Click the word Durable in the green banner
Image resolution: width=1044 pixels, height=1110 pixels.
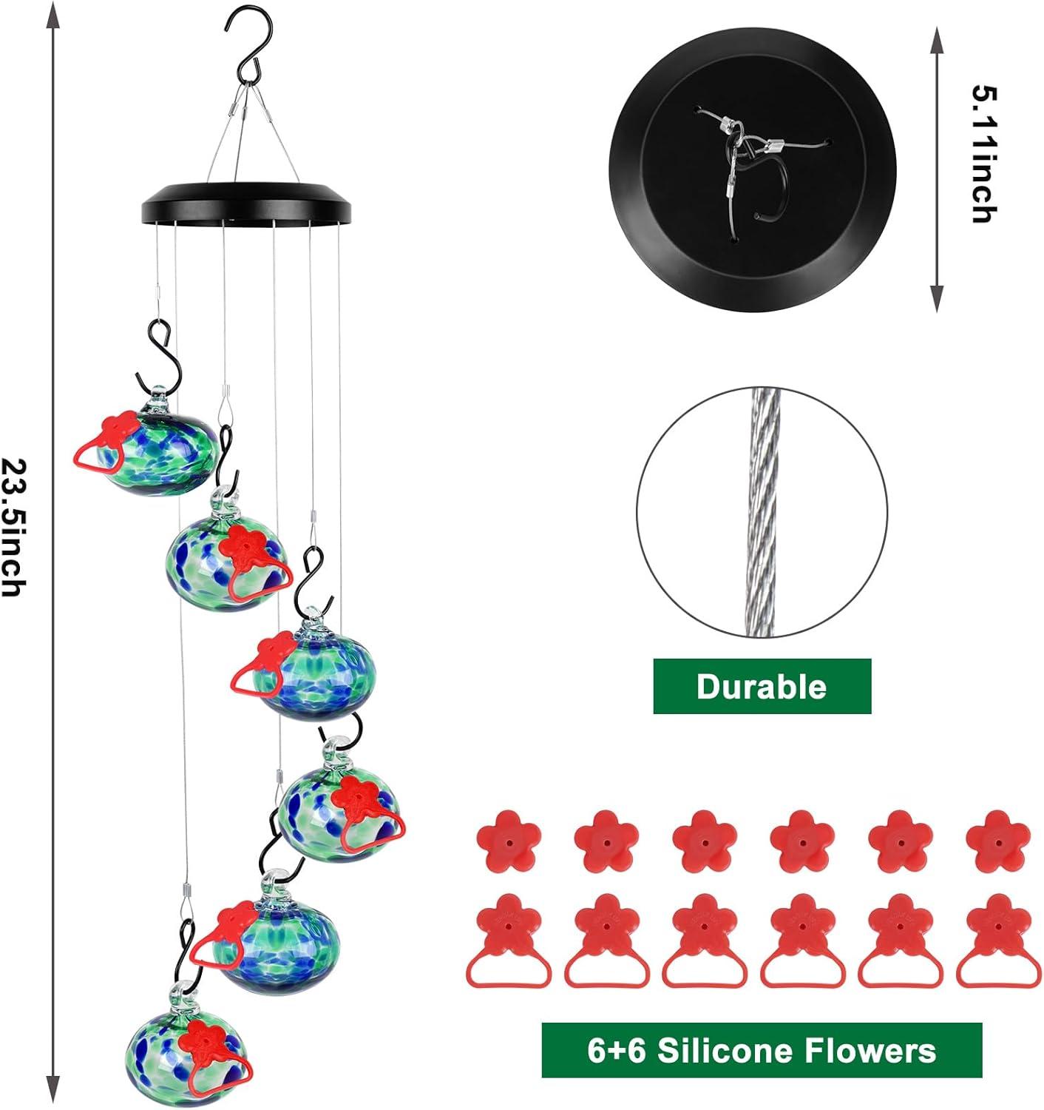point(762,687)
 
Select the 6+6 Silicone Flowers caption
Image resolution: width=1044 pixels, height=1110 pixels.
point(762,1050)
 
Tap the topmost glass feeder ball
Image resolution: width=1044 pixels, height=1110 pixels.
point(159,451)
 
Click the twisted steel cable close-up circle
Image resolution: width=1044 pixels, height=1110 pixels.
point(762,512)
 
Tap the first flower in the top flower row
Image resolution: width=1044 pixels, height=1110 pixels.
point(509,841)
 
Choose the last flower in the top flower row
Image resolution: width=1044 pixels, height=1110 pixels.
point(998,841)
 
